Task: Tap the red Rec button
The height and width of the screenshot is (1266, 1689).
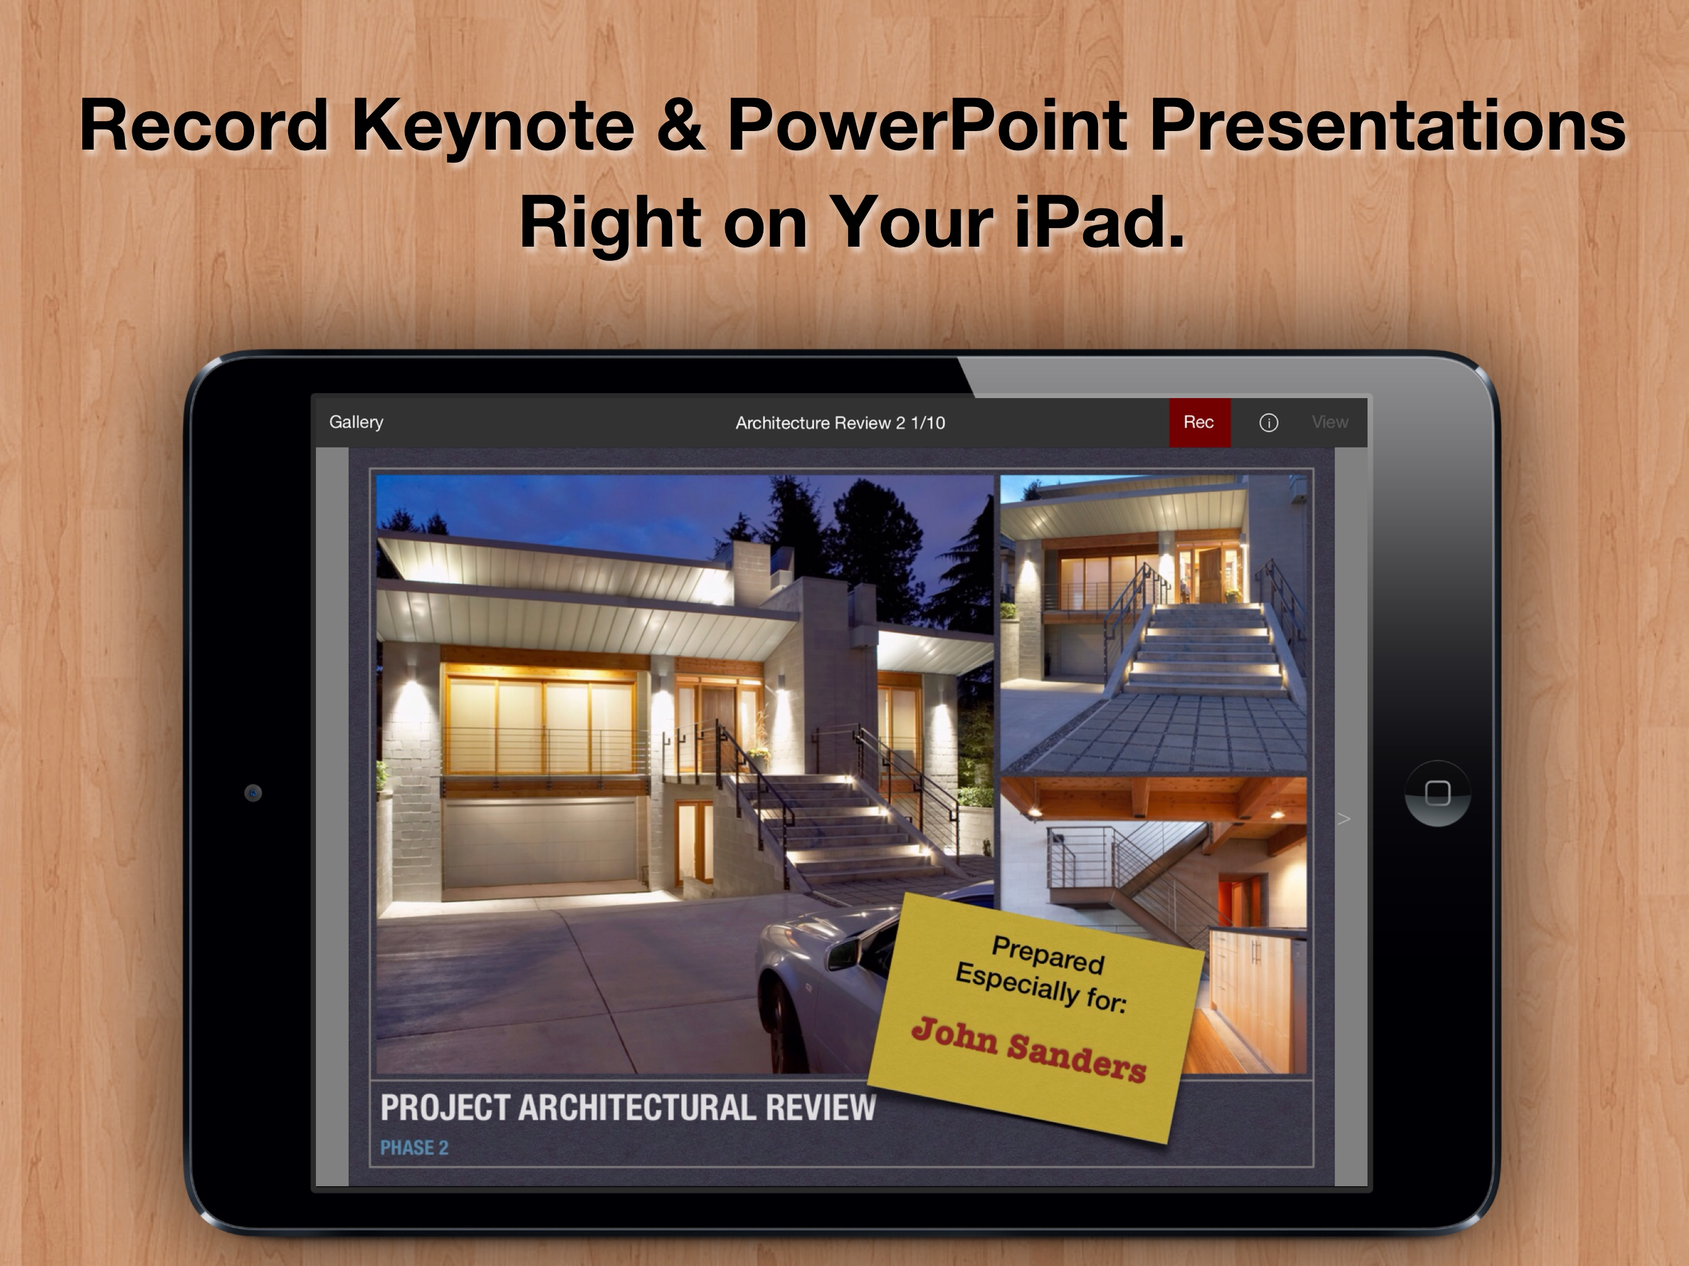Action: pos(1199,422)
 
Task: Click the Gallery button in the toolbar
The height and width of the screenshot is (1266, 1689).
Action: pos(356,422)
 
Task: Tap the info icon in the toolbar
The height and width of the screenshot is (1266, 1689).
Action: pos(1268,423)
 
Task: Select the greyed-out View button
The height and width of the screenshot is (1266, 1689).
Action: pos(1329,422)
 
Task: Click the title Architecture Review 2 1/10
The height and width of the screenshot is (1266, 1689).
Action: pos(840,423)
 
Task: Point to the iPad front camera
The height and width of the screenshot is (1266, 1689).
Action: pos(253,792)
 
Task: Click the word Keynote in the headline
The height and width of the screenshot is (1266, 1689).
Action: pos(493,127)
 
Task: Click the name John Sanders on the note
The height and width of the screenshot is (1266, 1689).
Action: pos(1029,1050)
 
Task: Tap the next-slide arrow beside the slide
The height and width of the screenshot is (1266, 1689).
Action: pos(1344,819)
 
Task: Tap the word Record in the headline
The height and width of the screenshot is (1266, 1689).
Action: pos(204,125)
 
